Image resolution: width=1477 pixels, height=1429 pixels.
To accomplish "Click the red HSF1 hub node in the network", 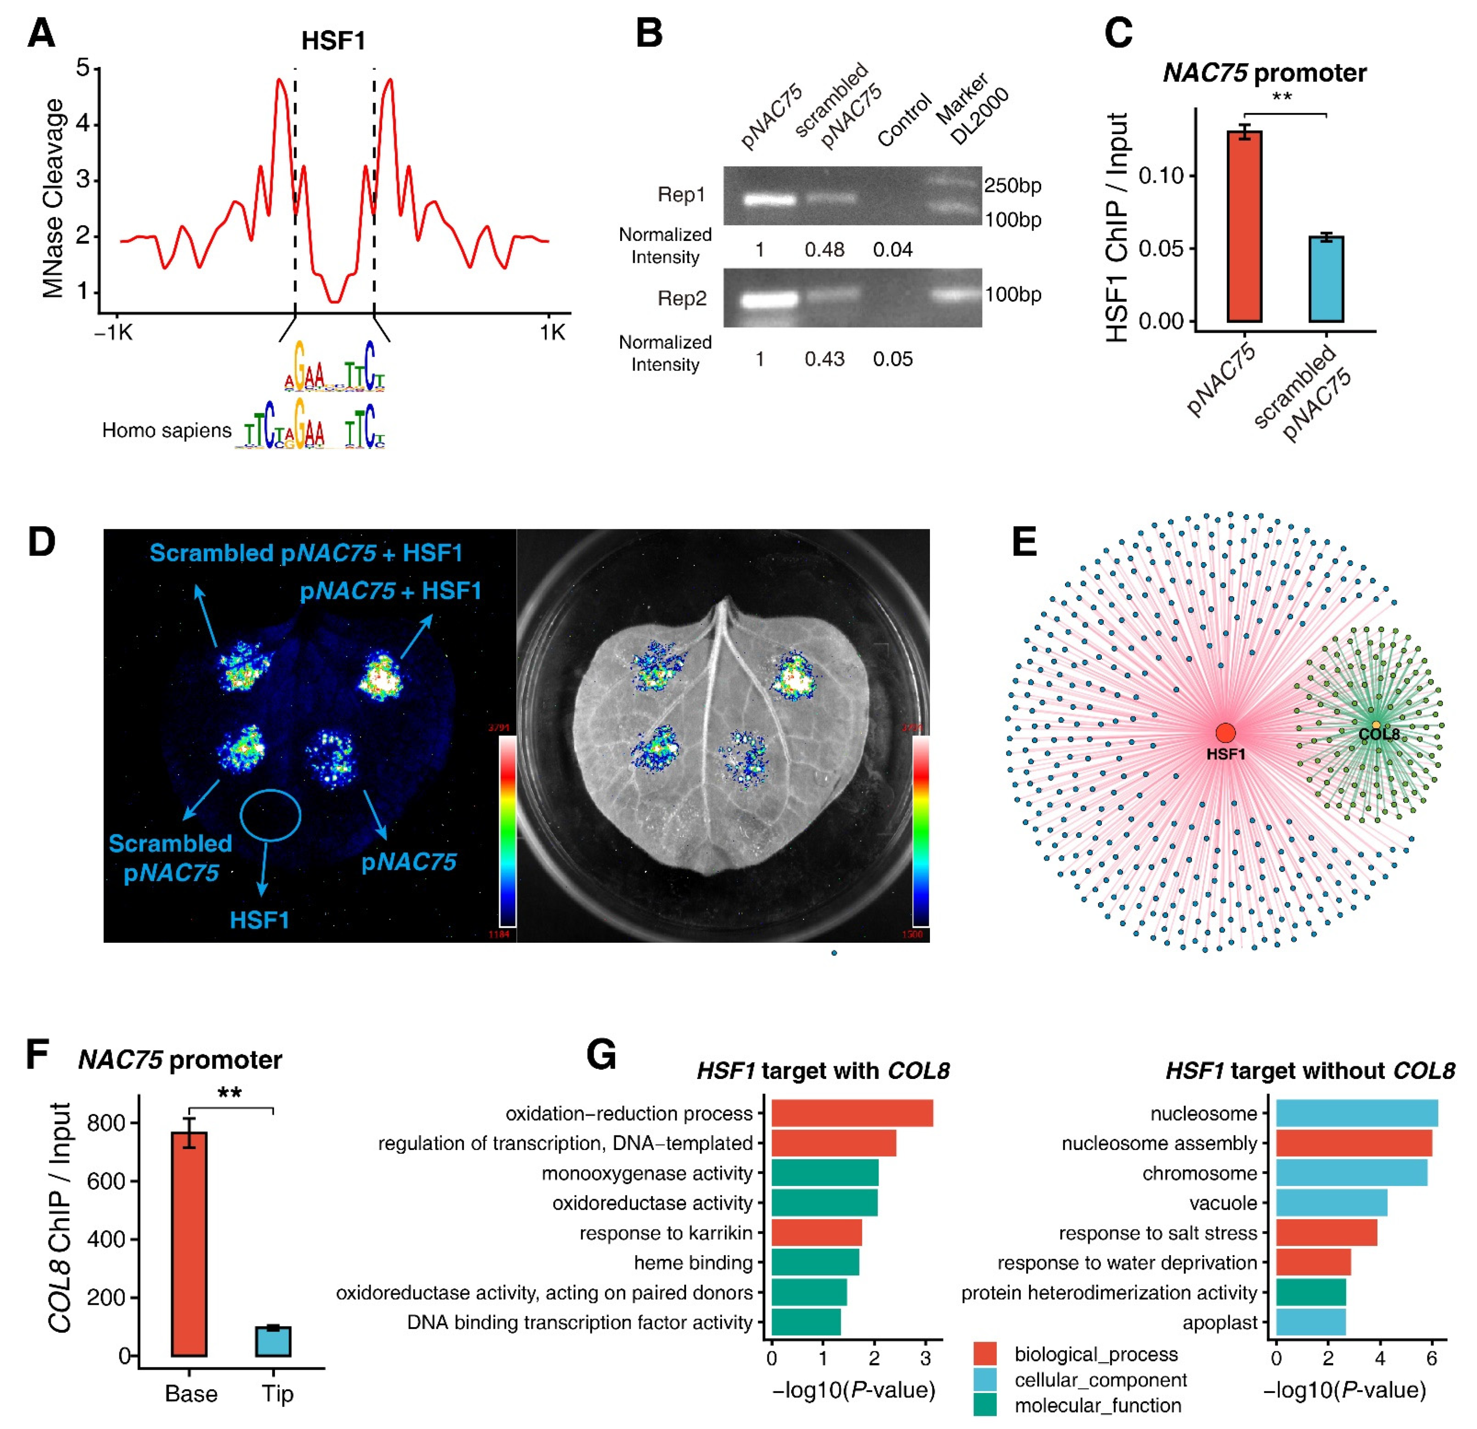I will coord(1225,733).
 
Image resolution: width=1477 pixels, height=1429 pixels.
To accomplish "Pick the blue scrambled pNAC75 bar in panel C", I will coord(1326,279).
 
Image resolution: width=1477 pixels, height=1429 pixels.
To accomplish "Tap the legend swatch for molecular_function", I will coord(985,1405).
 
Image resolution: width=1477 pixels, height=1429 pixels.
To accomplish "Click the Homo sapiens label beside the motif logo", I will coord(167,430).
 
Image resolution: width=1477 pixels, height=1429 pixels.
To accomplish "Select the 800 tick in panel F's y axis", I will coord(105,1123).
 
